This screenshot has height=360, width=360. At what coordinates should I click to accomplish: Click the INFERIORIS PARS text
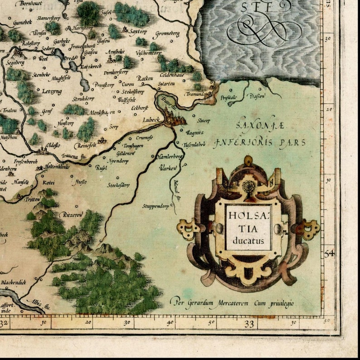coord(260,142)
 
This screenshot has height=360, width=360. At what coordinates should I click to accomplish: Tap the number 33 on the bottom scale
coord(248,324)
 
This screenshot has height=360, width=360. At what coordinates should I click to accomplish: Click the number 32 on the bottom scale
coord(4,324)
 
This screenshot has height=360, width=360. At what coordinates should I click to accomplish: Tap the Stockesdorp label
coord(118,185)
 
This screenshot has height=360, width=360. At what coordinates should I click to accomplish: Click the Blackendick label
coord(13,282)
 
